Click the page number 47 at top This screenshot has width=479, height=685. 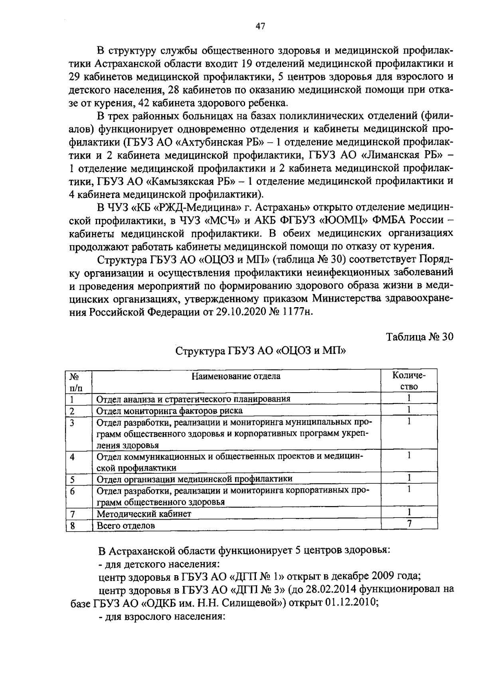[260, 26]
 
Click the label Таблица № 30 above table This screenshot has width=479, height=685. [420, 337]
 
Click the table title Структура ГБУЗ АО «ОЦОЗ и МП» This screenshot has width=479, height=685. [261, 351]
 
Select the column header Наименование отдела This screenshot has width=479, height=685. [236, 376]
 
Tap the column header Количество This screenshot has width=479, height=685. [409, 381]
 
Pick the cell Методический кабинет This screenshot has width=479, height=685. [144, 514]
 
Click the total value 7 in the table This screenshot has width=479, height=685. [409, 524]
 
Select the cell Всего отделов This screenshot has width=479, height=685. [126, 526]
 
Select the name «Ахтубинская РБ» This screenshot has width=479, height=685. [220, 142]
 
